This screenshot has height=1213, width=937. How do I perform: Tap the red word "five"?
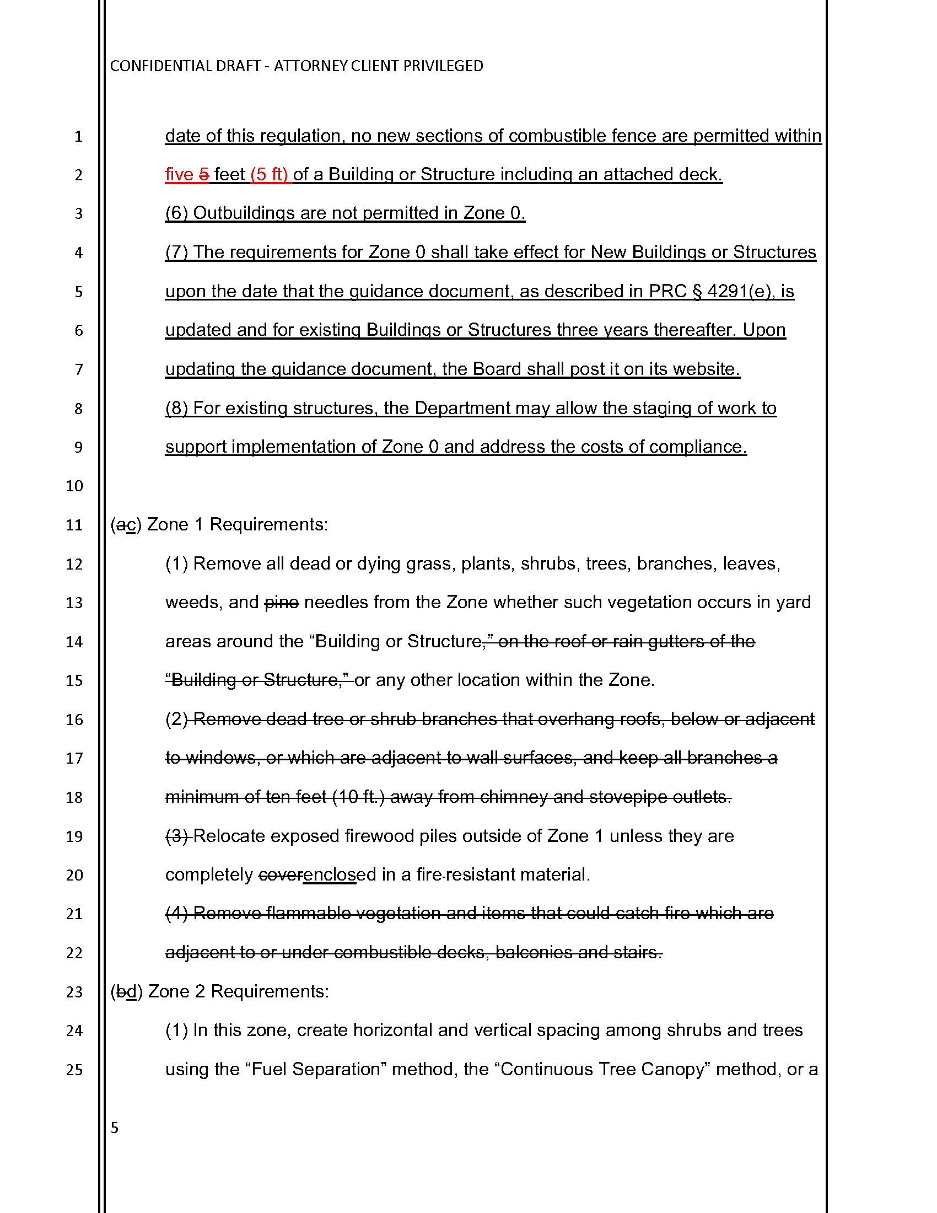point(179,174)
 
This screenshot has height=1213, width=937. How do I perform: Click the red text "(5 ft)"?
point(269,174)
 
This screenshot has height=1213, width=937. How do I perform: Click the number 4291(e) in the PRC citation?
point(739,291)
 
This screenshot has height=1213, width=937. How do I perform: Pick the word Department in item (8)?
point(462,408)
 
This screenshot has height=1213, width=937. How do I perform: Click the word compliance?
point(697,447)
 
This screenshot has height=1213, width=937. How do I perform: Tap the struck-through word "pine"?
point(282,603)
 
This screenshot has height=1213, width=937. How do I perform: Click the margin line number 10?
point(74,486)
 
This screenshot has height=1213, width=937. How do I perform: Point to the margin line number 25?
point(74,1070)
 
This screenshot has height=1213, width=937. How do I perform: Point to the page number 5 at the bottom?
point(115,1128)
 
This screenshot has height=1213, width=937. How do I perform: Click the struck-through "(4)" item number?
point(176,914)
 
